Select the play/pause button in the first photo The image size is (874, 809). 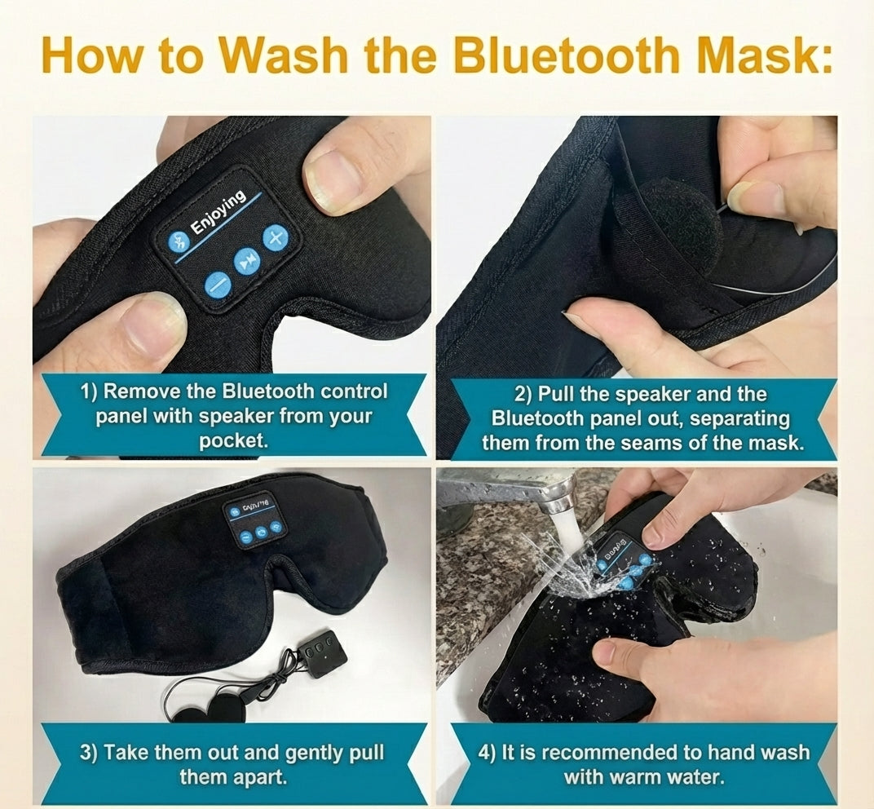pyautogui.click(x=246, y=261)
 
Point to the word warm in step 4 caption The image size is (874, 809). pyautogui.click(x=633, y=776)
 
